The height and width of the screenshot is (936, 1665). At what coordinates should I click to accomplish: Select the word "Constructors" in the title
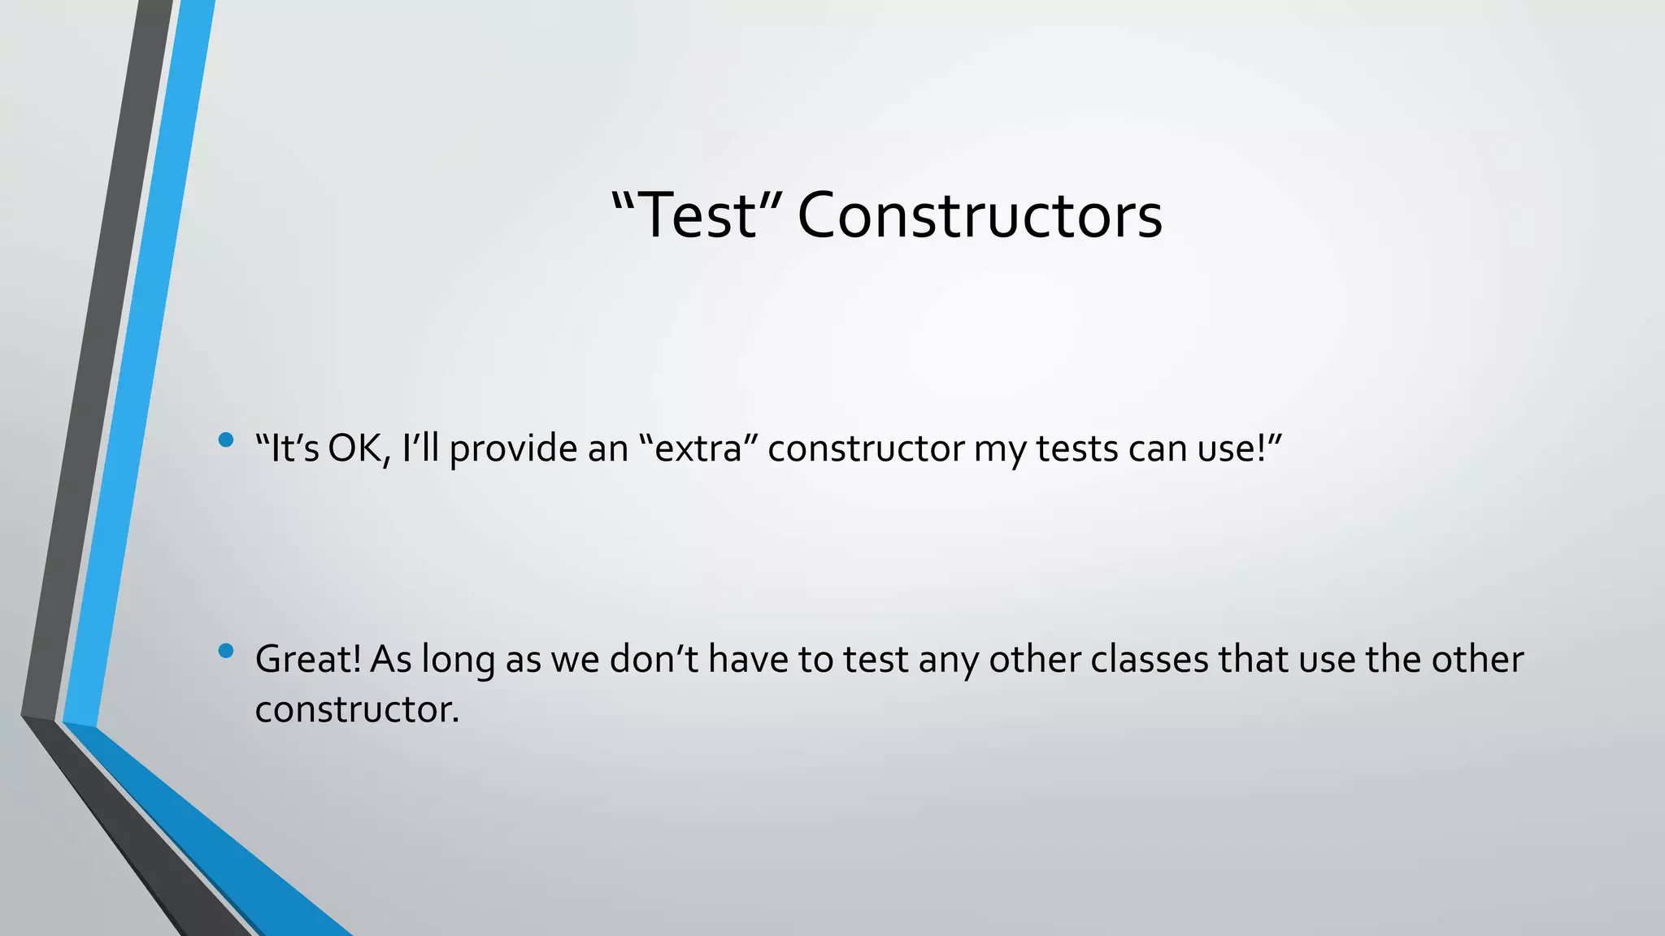click(x=980, y=216)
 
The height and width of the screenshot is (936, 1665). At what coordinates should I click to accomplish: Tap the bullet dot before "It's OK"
click(x=226, y=440)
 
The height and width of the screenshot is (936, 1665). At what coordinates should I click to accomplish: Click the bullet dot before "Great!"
click(x=226, y=651)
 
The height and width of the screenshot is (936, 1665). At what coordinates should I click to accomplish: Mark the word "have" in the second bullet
click(x=748, y=659)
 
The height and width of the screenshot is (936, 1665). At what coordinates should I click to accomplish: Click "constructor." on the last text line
click(x=358, y=709)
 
